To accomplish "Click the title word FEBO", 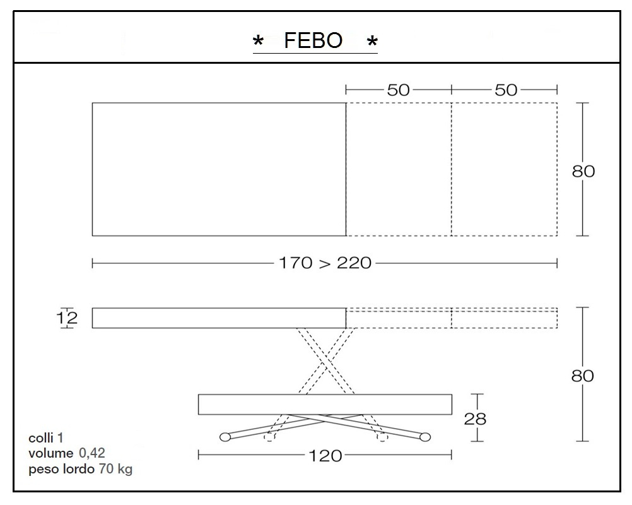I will (x=313, y=41).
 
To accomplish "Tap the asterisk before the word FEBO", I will (x=258, y=42).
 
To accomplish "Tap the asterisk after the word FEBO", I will (x=372, y=42).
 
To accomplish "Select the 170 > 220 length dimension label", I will (x=325, y=263).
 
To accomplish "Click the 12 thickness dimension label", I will (x=67, y=318).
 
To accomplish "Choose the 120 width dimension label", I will (x=326, y=455).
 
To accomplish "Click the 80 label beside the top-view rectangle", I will (x=583, y=171).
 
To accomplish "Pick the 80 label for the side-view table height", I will (x=583, y=376).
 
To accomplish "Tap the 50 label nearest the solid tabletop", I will (x=398, y=90).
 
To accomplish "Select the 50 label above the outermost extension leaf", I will (x=506, y=90).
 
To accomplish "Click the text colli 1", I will (x=45, y=437).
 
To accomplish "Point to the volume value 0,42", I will (x=91, y=453).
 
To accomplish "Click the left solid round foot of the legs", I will (x=224, y=436).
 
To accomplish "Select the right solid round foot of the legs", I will (x=425, y=436).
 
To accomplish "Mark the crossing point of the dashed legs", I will (x=325, y=360).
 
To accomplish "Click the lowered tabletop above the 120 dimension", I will (x=325, y=404).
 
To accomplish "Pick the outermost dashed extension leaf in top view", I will (x=504, y=169).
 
